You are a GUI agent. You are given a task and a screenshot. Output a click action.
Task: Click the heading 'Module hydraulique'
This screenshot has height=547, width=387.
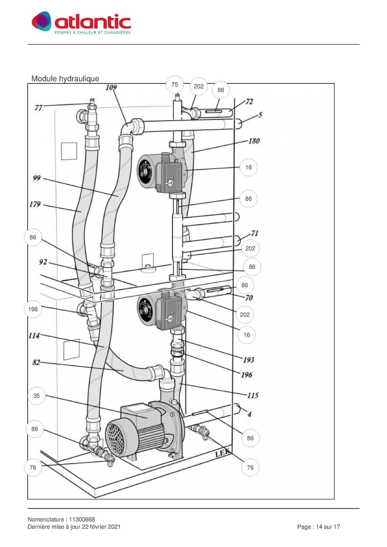65,79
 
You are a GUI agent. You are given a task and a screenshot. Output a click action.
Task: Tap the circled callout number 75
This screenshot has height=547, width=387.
175,85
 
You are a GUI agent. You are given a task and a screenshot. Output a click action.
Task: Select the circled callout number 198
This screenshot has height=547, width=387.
33,309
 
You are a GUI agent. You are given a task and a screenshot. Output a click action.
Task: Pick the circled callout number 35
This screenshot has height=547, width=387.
37,396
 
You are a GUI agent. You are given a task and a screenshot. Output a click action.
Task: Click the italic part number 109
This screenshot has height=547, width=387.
111,88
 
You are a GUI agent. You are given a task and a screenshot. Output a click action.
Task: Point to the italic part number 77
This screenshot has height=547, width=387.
38,108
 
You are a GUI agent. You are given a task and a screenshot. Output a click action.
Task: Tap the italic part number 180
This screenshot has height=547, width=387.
254,141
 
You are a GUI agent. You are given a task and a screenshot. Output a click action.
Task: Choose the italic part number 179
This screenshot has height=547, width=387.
35,204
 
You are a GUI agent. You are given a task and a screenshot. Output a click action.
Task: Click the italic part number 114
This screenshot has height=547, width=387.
34,336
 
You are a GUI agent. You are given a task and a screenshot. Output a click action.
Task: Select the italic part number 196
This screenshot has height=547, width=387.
246,375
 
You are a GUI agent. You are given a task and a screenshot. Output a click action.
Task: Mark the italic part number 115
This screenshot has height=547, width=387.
253,396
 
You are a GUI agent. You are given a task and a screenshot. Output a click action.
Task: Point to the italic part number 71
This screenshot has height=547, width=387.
255,233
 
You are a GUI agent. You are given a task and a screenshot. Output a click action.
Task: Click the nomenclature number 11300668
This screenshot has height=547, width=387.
82,520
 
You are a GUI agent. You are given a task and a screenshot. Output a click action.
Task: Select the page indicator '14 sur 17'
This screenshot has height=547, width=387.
328,527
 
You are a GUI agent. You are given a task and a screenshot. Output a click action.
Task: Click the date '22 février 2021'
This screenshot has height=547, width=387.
101,527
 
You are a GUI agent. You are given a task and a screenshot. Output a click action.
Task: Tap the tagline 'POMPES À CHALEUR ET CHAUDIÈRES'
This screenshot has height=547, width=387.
92,33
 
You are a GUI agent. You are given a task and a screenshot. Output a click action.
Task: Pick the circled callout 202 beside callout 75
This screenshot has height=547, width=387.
199,87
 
